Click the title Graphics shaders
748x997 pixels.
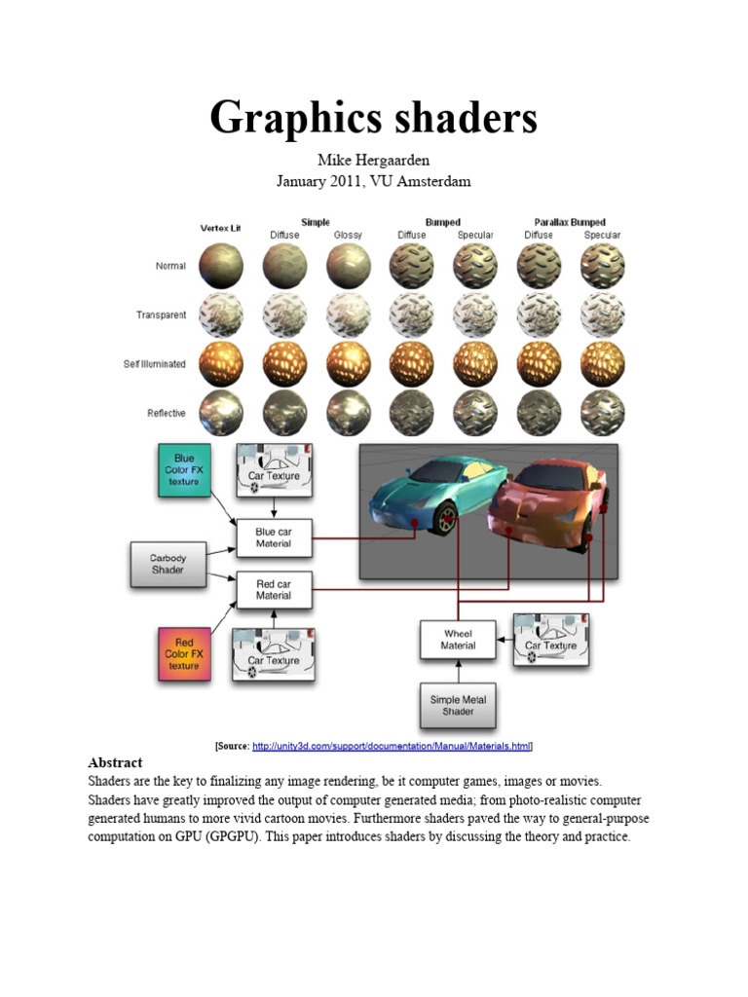tap(373, 119)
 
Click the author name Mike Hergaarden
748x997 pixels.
tap(373, 161)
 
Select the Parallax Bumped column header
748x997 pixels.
tap(571, 222)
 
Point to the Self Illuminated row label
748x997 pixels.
tap(155, 364)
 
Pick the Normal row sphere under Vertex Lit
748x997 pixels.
tap(221, 265)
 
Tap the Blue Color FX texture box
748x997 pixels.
tap(184, 470)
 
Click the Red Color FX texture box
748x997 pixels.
tap(184, 654)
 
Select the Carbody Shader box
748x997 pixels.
tap(168, 564)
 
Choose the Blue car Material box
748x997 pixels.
tap(274, 537)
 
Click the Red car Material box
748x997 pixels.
tap(274, 589)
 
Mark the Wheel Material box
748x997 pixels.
tap(458, 639)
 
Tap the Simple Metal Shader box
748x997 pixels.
tap(458, 705)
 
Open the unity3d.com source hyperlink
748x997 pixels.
tap(392, 746)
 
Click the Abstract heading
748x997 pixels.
tap(115, 762)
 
